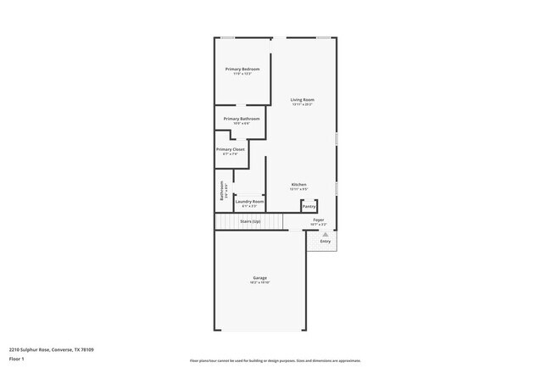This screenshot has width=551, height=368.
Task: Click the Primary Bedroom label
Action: point(242,69)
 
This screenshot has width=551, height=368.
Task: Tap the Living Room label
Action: point(303,100)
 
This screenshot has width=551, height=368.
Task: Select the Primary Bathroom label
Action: point(242,119)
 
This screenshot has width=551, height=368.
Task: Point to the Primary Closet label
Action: point(230,149)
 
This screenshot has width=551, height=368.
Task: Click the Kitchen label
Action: point(299,184)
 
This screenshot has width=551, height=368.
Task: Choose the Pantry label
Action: point(309,206)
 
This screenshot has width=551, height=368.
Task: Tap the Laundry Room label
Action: point(249,202)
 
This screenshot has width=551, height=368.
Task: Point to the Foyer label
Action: point(319,220)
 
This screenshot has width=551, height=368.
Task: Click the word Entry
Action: point(326,242)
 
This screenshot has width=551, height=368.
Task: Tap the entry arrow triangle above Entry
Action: point(325,234)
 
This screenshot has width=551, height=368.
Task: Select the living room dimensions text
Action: point(303,104)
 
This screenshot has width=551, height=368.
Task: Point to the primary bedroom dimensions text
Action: point(242,73)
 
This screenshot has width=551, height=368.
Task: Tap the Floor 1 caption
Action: point(18,359)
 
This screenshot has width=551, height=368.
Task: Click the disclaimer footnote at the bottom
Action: point(275,360)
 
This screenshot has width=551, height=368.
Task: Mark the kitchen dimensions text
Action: point(299,188)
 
